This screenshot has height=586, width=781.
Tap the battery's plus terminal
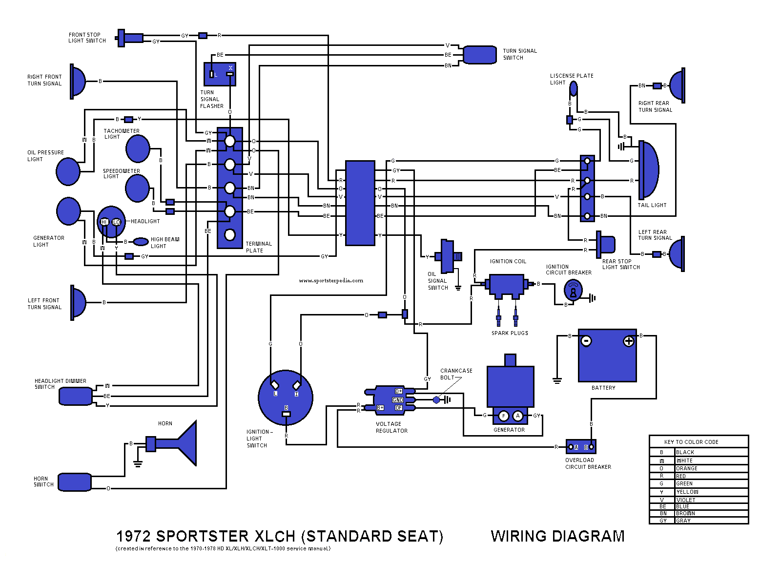point(629,341)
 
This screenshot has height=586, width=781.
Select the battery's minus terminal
point(587,341)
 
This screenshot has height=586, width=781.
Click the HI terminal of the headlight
point(104,222)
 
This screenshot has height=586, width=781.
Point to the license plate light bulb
point(574,89)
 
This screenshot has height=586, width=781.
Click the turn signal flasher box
point(220,74)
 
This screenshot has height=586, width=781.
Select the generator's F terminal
point(504,416)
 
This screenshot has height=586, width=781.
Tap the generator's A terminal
point(518,416)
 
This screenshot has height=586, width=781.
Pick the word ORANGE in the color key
point(687,468)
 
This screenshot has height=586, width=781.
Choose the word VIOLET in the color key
point(686,500)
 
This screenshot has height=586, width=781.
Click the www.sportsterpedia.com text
point(331,280)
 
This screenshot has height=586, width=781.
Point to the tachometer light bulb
point(138,148)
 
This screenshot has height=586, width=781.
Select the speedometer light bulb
point(137,188)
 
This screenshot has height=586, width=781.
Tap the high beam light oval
point(141,242)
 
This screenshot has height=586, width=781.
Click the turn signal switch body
point(480,55)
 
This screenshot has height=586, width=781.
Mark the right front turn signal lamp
point(78,81)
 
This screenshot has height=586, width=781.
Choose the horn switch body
point(75,482)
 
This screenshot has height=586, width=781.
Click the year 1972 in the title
point(134,536)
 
